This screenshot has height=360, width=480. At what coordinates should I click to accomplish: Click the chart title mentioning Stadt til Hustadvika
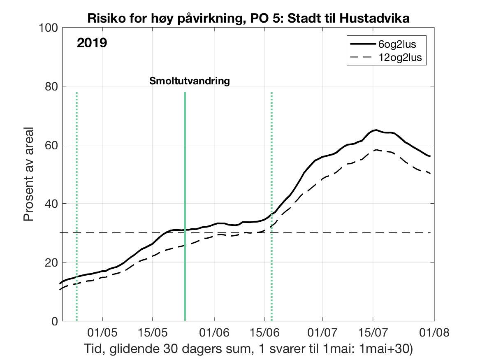(248, 18)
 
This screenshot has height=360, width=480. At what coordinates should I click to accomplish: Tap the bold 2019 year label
(92, 43)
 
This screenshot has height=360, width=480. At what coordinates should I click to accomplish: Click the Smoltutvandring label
(189, 81)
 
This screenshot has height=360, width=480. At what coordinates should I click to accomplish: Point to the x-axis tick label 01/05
(102, 332)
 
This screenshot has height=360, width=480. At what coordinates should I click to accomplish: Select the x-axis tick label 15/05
(153, 332)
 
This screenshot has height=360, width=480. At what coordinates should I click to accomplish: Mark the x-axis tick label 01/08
(434, 332)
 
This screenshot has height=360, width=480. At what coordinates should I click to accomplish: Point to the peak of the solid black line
(375, 130)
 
